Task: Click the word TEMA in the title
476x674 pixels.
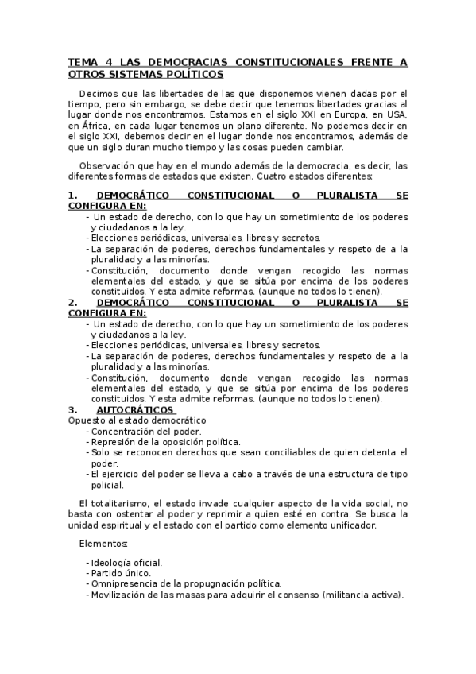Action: [x=81, y=62]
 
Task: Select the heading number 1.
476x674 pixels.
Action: [x=72, y=195]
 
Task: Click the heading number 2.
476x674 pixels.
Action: [x=72, y=302]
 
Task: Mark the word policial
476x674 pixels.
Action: [x=108, y=484]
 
